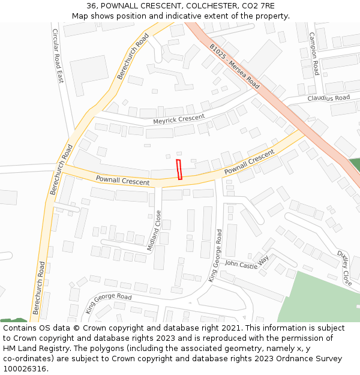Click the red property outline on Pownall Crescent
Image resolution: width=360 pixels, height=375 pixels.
pos(179,170)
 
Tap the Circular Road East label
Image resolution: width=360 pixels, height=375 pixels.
pos(58,55)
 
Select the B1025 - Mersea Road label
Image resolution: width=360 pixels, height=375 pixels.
pos(235,66)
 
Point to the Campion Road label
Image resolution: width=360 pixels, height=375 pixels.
pos(313,53)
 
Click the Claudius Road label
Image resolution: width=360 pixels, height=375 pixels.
pos(328,98)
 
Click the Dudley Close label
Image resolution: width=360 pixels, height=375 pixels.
pos(344,267)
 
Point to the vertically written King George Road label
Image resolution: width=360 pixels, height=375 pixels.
pos(215,255)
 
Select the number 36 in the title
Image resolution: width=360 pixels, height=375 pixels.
pos(92,7)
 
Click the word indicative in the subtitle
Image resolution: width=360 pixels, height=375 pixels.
pos(172,16)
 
